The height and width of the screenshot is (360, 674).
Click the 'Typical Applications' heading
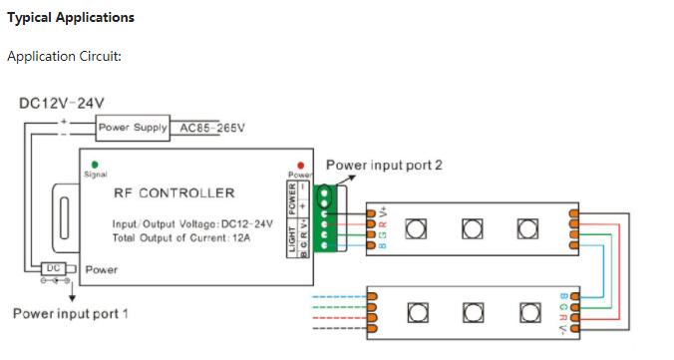point(71,18)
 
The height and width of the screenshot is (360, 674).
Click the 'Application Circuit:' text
point(64,56)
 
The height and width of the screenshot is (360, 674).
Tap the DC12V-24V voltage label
point(61,103)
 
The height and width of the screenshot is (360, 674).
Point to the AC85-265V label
point(211,128)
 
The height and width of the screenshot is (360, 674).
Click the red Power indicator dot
point(299,167)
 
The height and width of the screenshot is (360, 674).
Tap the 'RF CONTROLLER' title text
point(173,192)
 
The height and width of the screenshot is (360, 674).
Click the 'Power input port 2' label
point(384,165)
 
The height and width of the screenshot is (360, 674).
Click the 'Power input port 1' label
point(70,314)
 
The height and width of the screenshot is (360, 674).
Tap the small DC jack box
point(54,268)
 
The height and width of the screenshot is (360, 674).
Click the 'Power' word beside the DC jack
point(102,269)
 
